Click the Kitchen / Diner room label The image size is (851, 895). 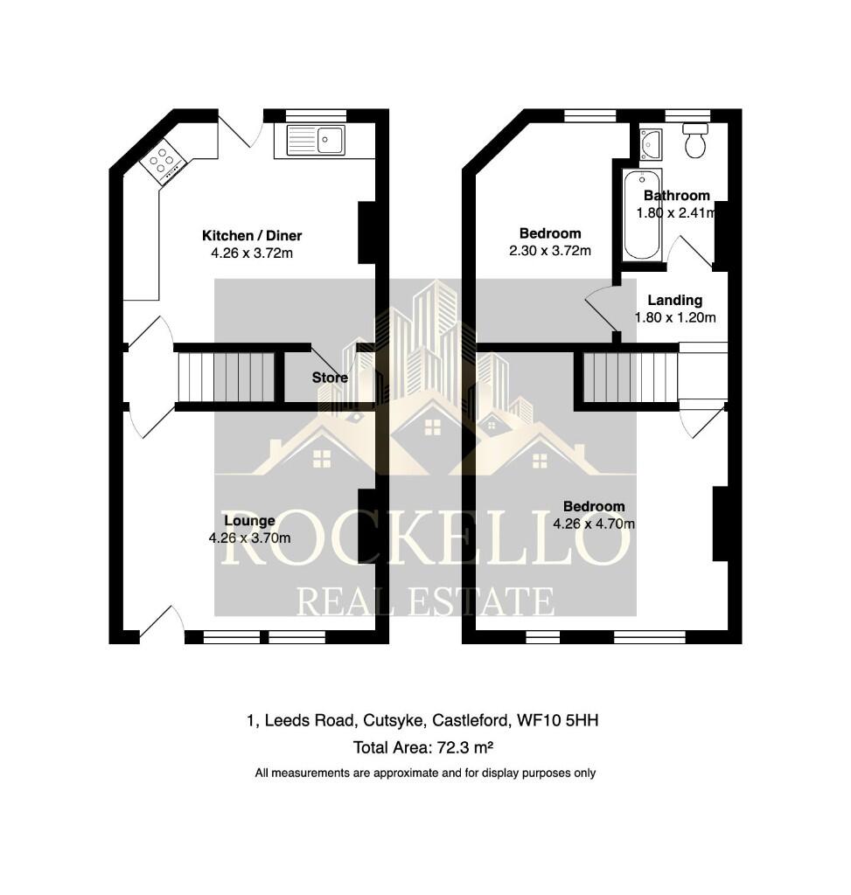252,236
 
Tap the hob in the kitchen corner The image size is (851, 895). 163,162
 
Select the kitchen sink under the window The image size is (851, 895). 316,140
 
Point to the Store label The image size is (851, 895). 330,378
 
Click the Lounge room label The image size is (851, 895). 249,521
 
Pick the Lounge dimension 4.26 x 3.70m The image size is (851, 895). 249,538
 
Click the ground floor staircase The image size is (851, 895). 227,378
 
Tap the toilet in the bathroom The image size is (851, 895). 695,141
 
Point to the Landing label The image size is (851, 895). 674,300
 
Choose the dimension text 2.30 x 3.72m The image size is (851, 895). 550,251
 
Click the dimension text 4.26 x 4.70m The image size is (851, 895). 594,524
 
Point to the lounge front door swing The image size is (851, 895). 160,622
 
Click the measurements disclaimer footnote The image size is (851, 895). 425,773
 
